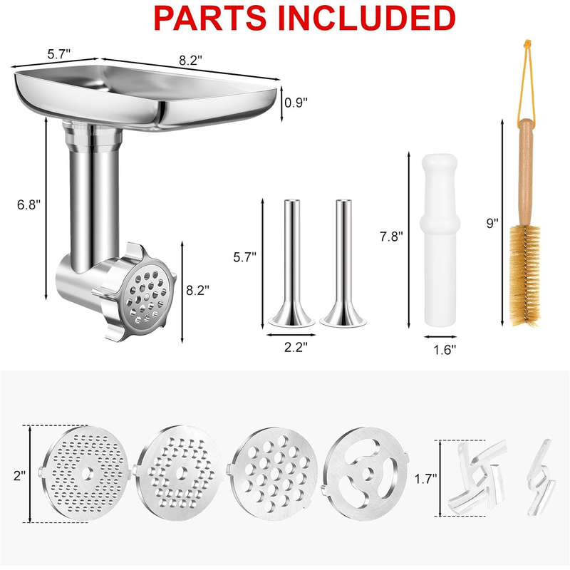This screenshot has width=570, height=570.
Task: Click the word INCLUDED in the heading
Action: [x=367, y=18]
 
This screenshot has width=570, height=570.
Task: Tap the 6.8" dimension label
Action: [x=28, y=204]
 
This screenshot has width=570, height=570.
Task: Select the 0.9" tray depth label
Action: [x=296, y=103]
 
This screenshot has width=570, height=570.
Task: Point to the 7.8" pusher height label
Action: [x=391, y=237]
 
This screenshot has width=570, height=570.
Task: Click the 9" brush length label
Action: [x=492, y=223]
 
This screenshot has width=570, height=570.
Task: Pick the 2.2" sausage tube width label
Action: [x=296, y=347]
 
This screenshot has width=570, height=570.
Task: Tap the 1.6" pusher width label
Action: [x=444, y=350]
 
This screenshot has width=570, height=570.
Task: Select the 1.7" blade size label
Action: [x=425, y=479]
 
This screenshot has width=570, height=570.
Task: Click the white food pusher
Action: [x=440, y=239]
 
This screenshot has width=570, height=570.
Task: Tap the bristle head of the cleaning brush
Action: [x=524, y=274]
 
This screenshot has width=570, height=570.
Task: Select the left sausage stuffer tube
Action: [x=292, y=261]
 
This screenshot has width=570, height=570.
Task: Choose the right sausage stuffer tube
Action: [x=343, y=261]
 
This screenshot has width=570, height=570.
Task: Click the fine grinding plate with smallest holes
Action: [x=84, y=473]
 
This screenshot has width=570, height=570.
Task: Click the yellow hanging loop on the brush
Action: [x=527, y=78]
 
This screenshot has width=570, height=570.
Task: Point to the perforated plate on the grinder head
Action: [x=147, y=295]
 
